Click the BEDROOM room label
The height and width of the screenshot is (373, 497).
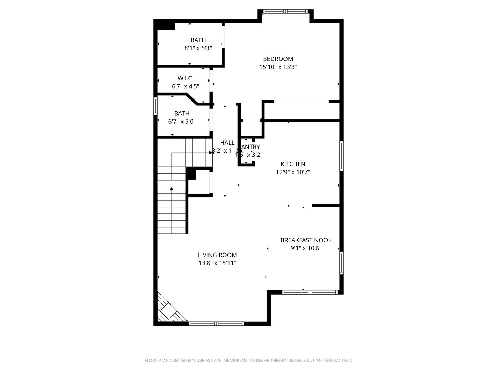tap(278, 59)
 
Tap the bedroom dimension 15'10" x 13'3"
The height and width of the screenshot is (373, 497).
tap(278, 67)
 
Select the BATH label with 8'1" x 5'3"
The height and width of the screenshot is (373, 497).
tap(198, 40)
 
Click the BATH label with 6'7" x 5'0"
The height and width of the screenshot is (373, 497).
tap(182, 113)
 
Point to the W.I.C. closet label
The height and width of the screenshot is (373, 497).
tap(185, 78)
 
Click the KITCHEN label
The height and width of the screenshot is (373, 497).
tap(293, 164)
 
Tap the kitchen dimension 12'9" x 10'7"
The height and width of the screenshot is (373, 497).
tap(293, 172)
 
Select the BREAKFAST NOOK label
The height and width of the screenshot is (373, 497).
tap(306, 240)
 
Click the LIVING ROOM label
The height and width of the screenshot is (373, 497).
tap(217, 255)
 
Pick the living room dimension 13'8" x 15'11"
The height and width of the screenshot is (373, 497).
tap(217, 263)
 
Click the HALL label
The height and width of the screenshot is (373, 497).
tap(227, 143)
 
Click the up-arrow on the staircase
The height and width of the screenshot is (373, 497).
tap(172, 189)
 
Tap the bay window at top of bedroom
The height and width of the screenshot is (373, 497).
tap(285, 11)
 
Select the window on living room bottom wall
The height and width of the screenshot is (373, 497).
tap(216, 324)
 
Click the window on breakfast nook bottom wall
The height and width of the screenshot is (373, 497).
tap(310, 292)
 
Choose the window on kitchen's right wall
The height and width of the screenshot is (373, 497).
tap(341, 156)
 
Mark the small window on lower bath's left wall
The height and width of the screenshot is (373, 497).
tap(155, 106)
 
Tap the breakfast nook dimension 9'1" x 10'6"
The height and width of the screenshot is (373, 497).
tap(306, 248)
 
